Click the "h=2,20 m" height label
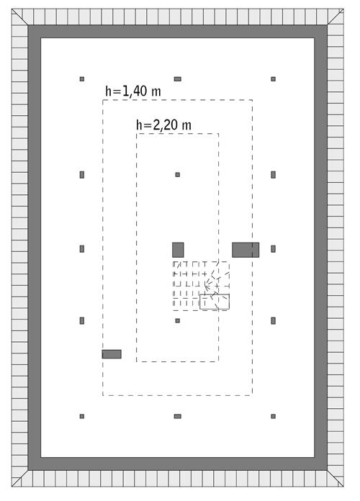point(163,125)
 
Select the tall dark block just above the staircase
point(178,250)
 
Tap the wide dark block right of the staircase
point(245,250)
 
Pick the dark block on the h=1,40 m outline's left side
point(112,354)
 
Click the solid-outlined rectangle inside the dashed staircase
point(215,302)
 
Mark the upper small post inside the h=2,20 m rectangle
point(177,174)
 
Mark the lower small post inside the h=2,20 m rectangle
point(177,320)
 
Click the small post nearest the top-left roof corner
point(82,78)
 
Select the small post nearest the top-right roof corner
point(273,78)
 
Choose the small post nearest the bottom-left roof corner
point(82,416)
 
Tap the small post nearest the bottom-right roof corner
point(273,416)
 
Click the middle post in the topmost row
point(177,78)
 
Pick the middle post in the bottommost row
point(177,416)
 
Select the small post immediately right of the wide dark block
point(273,249)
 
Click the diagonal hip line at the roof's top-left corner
point(21,17)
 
